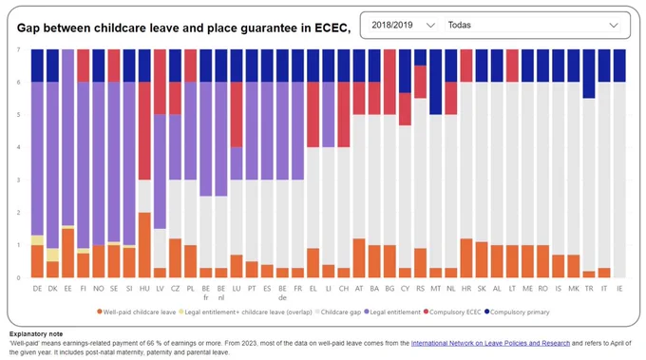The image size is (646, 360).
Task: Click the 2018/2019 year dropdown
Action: pos(403,25)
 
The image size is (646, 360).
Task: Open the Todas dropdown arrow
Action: pos(614,25)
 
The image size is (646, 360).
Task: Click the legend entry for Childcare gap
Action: pos(338,312)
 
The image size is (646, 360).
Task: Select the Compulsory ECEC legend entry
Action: pos(452,312)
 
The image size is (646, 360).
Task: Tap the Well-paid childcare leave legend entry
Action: pos(137,312)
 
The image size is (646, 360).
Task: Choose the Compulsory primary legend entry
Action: pos(517,312)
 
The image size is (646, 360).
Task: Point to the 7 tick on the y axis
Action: pos(18,49)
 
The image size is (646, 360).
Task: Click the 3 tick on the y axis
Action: pos(18,180)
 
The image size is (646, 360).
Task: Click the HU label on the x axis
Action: pos(144,289)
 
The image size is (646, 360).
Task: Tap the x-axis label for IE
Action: pos(619,289)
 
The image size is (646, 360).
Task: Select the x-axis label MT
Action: pos(435,289)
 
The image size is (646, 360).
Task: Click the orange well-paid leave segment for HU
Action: pos(144,245)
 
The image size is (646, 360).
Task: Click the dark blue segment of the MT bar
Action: pos(435,82)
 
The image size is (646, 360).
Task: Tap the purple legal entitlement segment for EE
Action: pos(68,138)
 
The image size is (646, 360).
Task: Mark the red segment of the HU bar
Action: pos(144,131)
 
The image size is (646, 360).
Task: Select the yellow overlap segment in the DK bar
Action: pos(53,255)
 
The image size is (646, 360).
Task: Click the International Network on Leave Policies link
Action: pos(490,343)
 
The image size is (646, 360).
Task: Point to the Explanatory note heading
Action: pos(36,334)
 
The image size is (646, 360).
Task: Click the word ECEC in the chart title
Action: pos(331,28)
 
